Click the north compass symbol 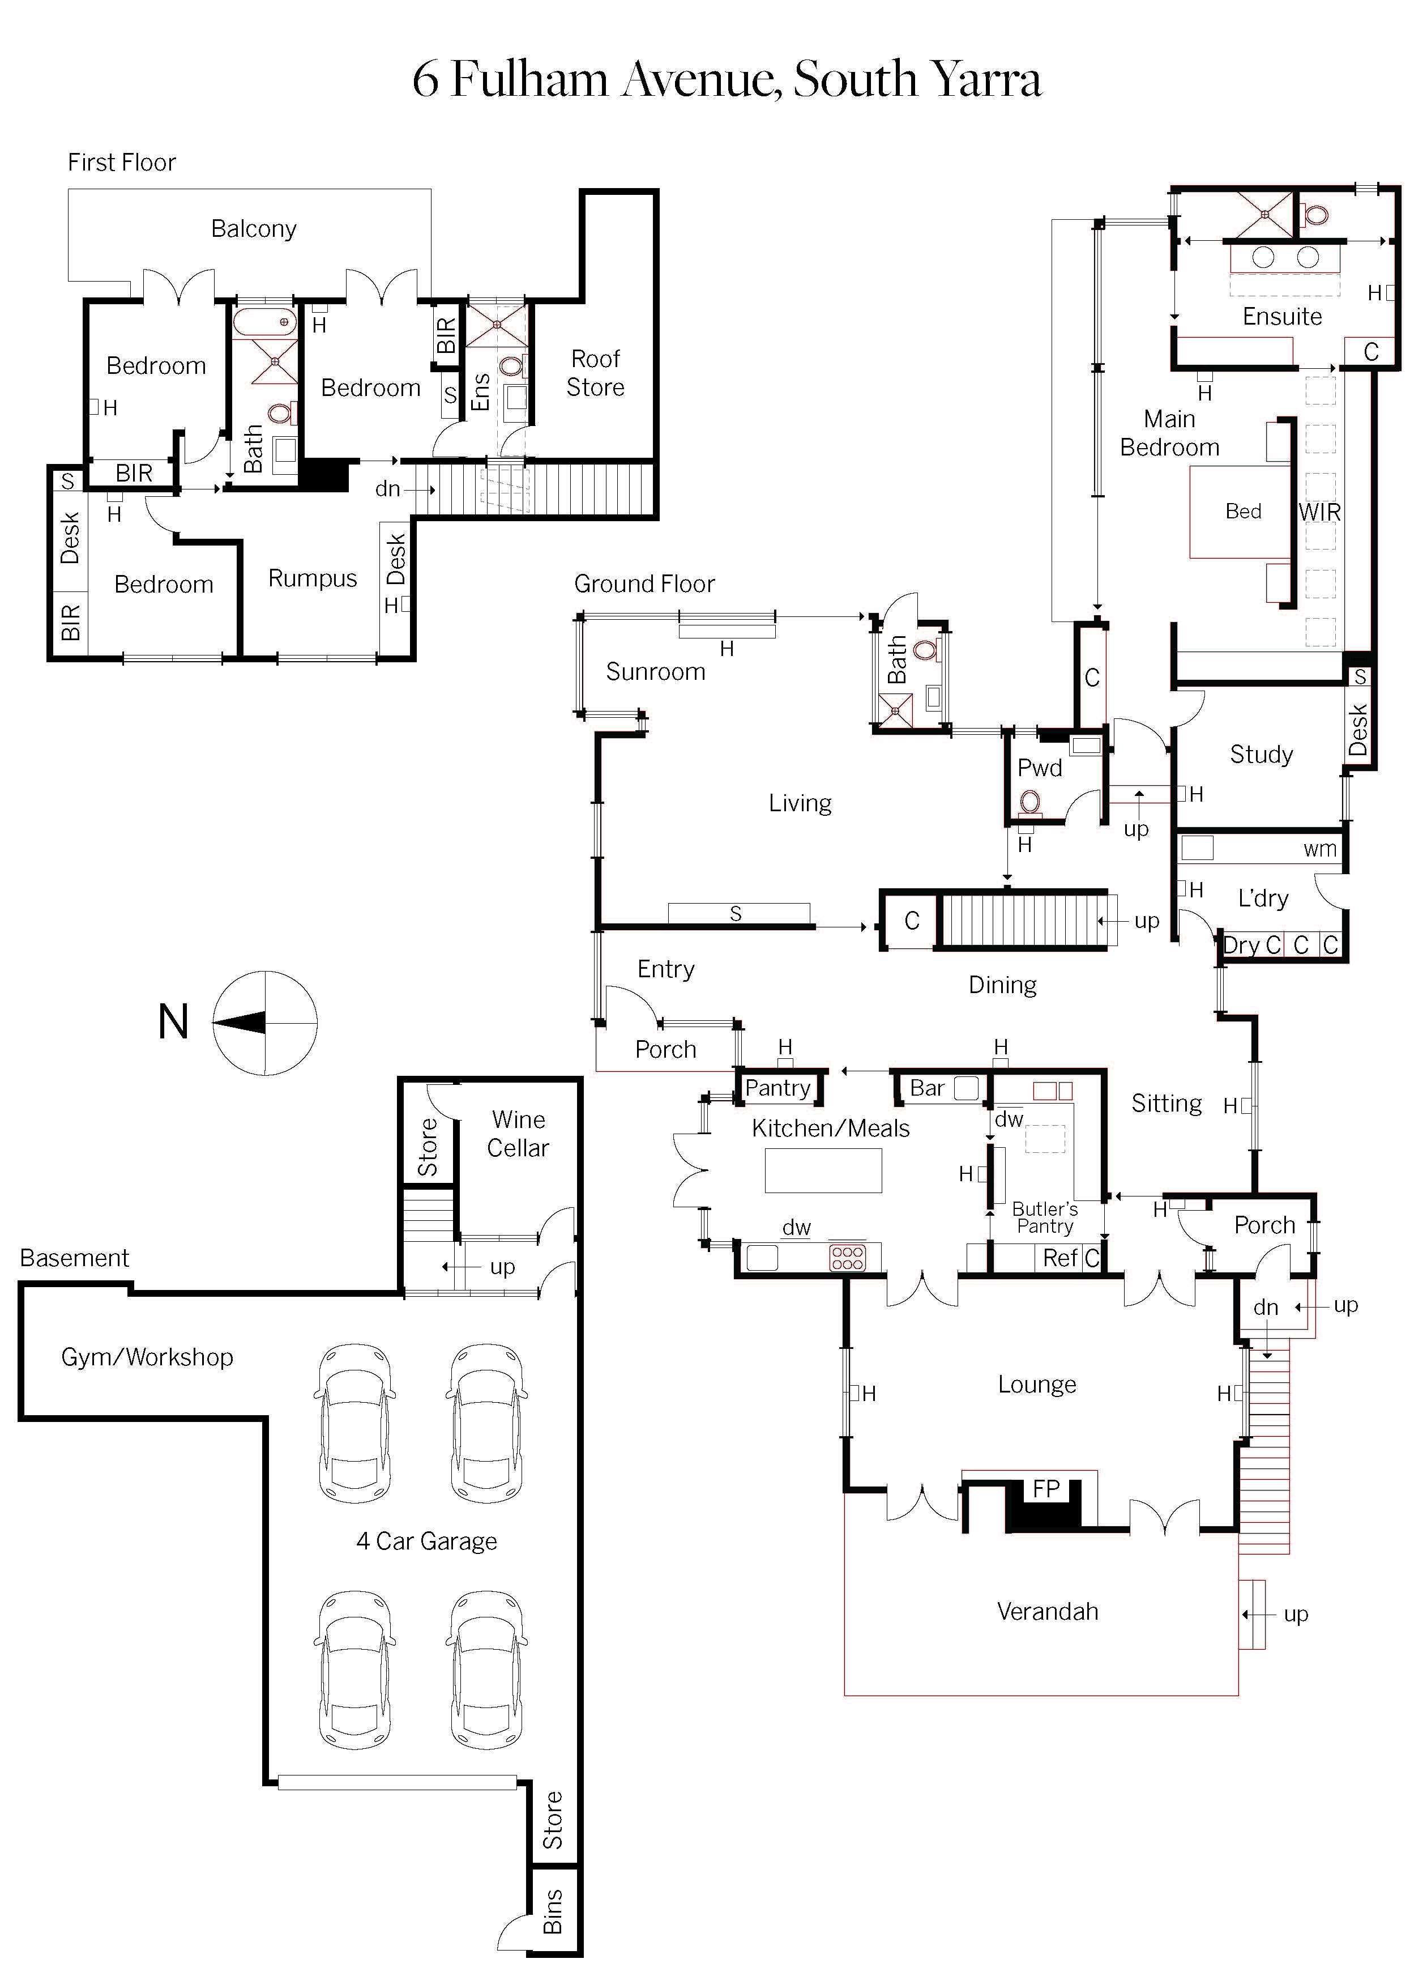pos(265,1023)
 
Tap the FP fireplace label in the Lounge pos(1046,1488)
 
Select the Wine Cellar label pos(518,1133)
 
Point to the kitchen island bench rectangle pos(823,1170)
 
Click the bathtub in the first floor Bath pos(264,322)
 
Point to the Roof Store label pos(595,373)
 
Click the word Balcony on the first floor pos(254,228)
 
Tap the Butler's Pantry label pos(1045,1217)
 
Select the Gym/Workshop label pos(147,1356)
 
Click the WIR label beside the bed pos(1320,512)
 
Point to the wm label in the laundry pos(1320,850)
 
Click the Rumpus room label pos(313,578)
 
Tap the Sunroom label pos(655,672)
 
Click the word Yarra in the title pos(983,80)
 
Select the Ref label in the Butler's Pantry pos(1059,1258)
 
